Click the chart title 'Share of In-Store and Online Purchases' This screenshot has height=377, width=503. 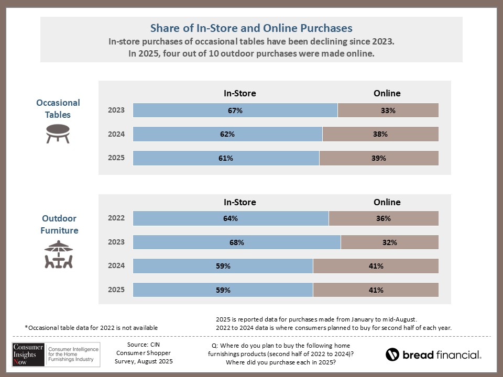[x=251, y=28]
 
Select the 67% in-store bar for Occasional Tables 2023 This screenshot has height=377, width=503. [x=235, y=110]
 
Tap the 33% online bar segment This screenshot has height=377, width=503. [x=388, y=110]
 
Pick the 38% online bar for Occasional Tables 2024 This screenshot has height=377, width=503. [x=380, y=134]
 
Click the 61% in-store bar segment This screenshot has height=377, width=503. [x=226, y=158]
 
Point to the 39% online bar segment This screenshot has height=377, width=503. [x=379, y=158]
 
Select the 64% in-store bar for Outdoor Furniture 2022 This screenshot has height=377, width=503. [x=231, y=218]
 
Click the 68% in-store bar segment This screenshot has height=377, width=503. [x=237, y=242]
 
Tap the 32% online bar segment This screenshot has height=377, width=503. [x=389, y=242]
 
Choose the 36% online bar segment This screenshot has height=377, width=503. [x=384, y=218]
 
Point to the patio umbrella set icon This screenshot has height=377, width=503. [x=58, y=254]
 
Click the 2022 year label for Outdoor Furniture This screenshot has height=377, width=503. [x=116, y=218]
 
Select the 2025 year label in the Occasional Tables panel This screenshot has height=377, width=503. [x=116, y=158]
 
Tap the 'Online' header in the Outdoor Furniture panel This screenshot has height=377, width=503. [x=387, y=202]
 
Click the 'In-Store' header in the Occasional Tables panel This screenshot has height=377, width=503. [x=240, y=93]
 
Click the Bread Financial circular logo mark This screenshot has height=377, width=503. [x=392, y=354]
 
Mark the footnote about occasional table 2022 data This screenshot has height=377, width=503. [x=91, y=328]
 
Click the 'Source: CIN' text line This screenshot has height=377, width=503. [x=144, y=345]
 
